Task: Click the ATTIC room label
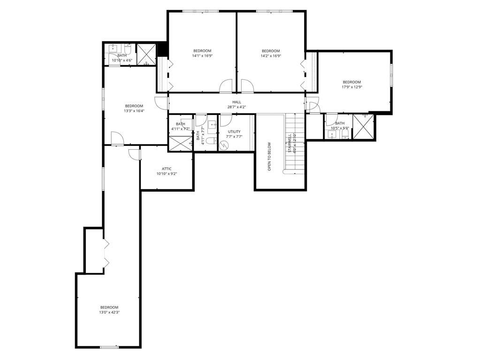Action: pyautogui.click(x=167, y=169)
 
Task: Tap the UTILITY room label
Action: pyautogui.click(x=234, y=132)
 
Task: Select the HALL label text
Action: pyautogui.click(x=236, y=102)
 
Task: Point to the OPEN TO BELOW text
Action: pyautogui.click(x=269, y=156)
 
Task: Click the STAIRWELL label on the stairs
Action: pyautogui.click(x=290, y=143)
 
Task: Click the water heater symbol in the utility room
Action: pyautogui.click(x=224, y=146)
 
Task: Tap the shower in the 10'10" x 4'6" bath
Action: pyautogui.click(x=146, y=54)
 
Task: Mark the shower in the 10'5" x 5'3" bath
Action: pyautogui.click(x=364, y=127)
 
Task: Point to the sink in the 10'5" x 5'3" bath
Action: pyautogui.click(x=332, y=134)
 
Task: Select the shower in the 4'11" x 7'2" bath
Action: pyautogui.click(x=180, y=143)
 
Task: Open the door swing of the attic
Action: pyautogui.click(x=135, y=153)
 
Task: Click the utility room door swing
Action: pyautogui.click(x=226, y=121)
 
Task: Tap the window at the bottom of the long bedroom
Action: pyautogui.click(x=109, y=347)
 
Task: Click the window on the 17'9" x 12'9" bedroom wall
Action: pyautogui.click(x=391, y=75)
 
